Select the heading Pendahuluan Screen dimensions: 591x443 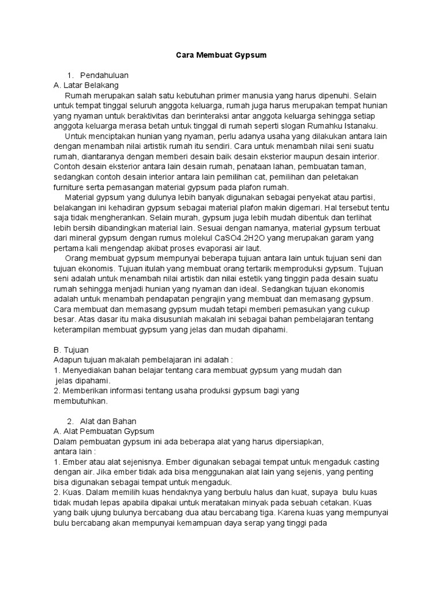[x=104, y=75]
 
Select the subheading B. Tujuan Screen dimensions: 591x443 [x=70, y=350]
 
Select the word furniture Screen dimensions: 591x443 [x=71, y=187]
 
